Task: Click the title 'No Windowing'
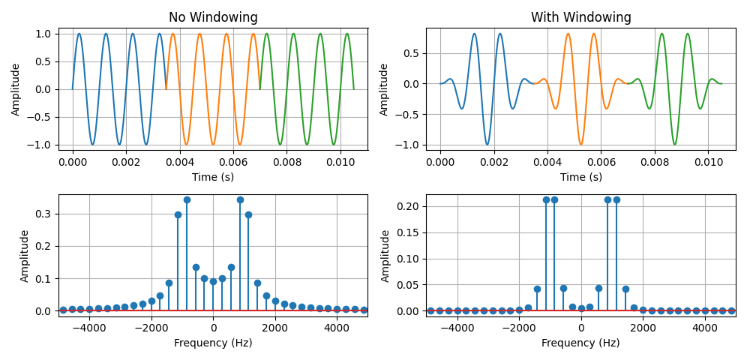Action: point(213,17)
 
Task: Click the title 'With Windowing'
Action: point(580,17)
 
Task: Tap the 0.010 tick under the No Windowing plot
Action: point(340,161)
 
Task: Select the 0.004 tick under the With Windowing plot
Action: point(547,161)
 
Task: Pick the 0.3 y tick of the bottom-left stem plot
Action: point(44,214)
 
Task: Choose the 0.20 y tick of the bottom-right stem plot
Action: point(409,206)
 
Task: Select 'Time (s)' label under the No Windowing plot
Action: point(213,177)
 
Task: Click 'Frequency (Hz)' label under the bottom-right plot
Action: point(580,343)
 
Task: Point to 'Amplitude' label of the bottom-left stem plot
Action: point(25,256)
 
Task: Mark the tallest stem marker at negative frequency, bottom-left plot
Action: point(187,199)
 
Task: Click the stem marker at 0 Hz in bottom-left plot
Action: point(213,281)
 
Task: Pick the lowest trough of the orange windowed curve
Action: point(580,144)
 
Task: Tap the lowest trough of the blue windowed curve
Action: point(487,144)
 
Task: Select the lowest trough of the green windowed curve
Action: point(674,144)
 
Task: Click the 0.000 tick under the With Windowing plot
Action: point(439,161)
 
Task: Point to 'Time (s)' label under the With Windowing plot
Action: point(580,177)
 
